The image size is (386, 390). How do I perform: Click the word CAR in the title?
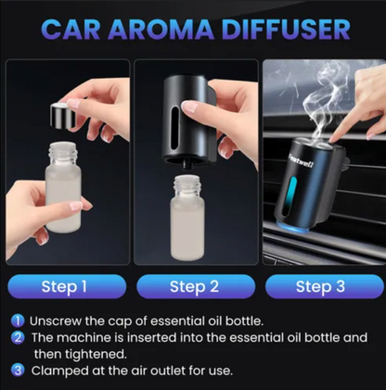point(71,30)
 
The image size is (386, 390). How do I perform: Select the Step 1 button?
point(67,286)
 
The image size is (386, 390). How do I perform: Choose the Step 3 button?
point(325,286)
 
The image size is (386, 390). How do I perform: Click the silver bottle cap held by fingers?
point(63,116)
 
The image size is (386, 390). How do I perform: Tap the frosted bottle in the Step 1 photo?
point(63,187)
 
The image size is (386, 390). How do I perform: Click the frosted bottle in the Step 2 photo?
point(187,218)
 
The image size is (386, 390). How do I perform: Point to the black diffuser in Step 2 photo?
point(189,120)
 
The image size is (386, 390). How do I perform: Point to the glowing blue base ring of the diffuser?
point(291,228)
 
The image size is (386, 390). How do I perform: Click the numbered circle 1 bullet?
point(18,321)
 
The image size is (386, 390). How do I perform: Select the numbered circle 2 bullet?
point(18,337)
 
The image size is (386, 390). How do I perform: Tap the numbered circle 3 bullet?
point(18,370)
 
